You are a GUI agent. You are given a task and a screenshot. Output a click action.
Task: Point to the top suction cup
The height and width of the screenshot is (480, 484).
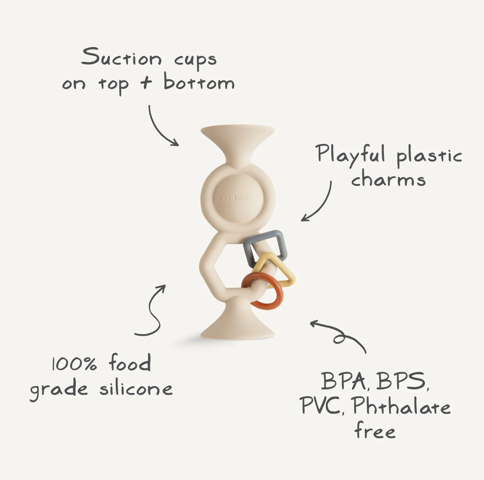238,140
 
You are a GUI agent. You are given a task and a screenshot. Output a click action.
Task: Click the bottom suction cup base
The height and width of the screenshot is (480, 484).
237,321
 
